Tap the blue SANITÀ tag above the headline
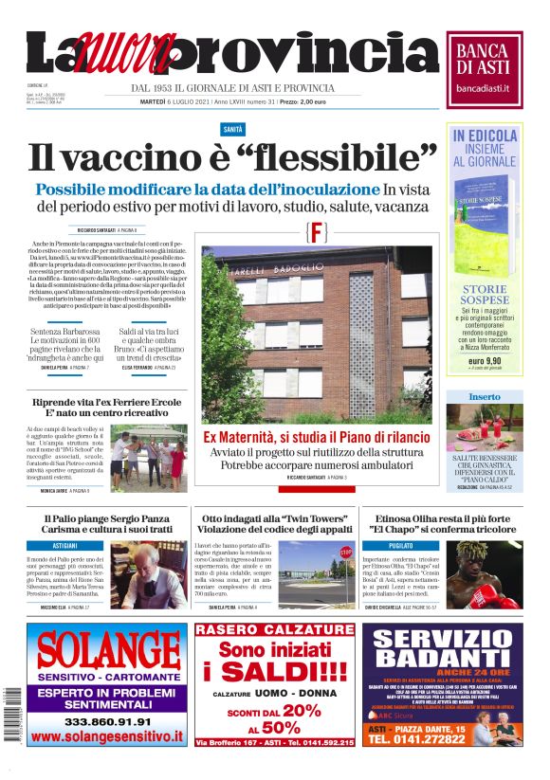coord(232,128)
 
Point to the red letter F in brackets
coord(318,232)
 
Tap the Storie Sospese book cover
coord(483,218)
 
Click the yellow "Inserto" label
coord(484,396)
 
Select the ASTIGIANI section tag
coord(65,547)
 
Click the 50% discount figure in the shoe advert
coord(281,727)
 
